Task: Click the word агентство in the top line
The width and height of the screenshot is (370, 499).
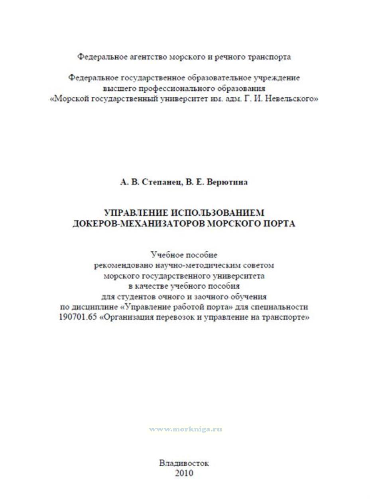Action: [x=148, y=57]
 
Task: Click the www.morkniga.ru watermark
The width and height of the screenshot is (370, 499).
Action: [x=185, y=429]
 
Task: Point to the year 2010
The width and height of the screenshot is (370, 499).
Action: [x=184, y=473]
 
